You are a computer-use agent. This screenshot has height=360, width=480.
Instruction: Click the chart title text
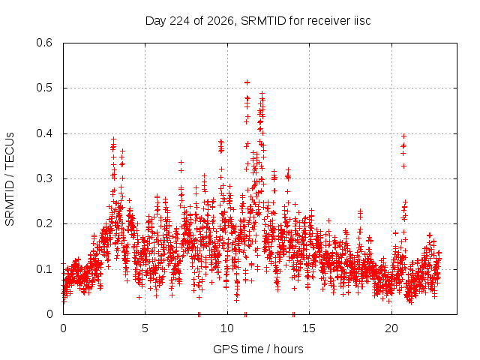258,21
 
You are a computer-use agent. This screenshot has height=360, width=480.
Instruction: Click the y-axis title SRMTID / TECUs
10,179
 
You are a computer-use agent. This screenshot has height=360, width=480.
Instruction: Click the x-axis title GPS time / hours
258,349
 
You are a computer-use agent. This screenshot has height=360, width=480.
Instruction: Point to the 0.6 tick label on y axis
44,43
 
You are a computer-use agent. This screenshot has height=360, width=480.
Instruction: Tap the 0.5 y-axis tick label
44,88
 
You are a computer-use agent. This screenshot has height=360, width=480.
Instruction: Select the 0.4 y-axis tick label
44,133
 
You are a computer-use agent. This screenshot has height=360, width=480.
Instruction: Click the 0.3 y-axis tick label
44,178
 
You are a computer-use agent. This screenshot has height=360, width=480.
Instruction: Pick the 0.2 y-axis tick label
44,223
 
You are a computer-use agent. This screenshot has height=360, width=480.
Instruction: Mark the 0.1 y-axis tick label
44,269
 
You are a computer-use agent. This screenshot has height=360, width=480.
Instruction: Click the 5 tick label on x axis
145,328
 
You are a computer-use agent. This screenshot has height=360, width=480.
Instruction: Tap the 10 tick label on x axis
227,328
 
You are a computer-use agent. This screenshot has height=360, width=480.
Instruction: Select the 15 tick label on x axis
309,328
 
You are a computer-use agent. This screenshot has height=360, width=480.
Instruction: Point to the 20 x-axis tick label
391,328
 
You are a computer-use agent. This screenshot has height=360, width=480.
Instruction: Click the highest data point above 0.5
247,82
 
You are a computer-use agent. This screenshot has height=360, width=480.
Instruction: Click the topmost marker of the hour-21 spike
403,136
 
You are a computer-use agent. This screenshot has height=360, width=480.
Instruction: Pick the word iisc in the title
362,21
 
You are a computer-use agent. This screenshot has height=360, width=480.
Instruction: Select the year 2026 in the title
220,22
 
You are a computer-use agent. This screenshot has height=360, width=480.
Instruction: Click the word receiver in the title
329,21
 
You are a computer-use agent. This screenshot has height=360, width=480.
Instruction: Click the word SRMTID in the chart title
263,21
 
